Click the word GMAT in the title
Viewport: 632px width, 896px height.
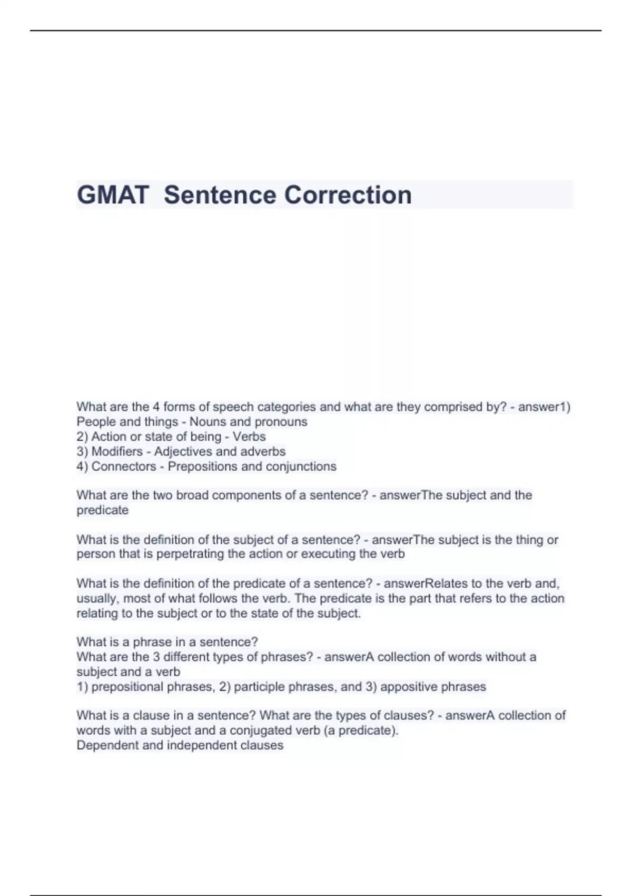tap(113, 195)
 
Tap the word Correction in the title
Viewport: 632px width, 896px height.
tap(348, 195)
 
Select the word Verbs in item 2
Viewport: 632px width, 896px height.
tap(249, 436)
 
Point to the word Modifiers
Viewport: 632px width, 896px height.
tap(117, 452)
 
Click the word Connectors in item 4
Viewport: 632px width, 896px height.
tap(124, 466)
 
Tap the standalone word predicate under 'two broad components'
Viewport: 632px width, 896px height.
tap(103, 510)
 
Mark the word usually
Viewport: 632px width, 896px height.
tap(97, 599)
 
